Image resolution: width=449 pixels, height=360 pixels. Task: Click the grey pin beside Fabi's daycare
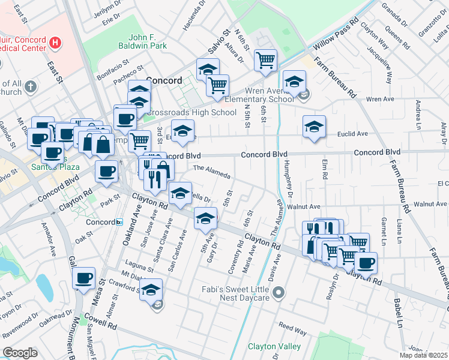(x=278, y=293)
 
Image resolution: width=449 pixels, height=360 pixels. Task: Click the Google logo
(x=20, y=353)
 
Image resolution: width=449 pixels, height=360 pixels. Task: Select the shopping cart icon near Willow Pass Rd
(x=265, y=60)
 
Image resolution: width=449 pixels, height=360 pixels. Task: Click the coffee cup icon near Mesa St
(x=84, y=278)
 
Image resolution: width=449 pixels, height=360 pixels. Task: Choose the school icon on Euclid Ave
(x=314, y=127)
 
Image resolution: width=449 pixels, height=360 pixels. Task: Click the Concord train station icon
(x=119, y=222)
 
